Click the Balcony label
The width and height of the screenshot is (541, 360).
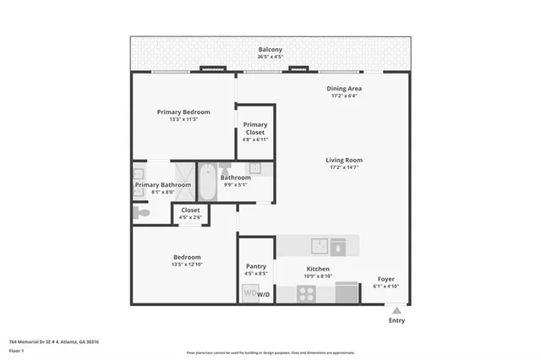click(270, 50)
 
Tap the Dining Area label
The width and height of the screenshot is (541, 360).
click(344, 88)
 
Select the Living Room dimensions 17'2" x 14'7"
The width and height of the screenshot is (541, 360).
click(344, 167)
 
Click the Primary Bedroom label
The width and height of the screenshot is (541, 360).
click(183, 112)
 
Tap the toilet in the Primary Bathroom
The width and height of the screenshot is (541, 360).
click(142, 214)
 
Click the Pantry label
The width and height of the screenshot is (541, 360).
click(255, 266)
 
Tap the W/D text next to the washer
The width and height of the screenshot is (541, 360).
click(264, 295)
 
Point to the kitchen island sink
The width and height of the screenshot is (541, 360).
click(320, 245)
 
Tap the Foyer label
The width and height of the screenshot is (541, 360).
click(385, 279)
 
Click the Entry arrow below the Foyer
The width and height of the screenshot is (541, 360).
click(396, 308)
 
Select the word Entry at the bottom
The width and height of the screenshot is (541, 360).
click(396, 320)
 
